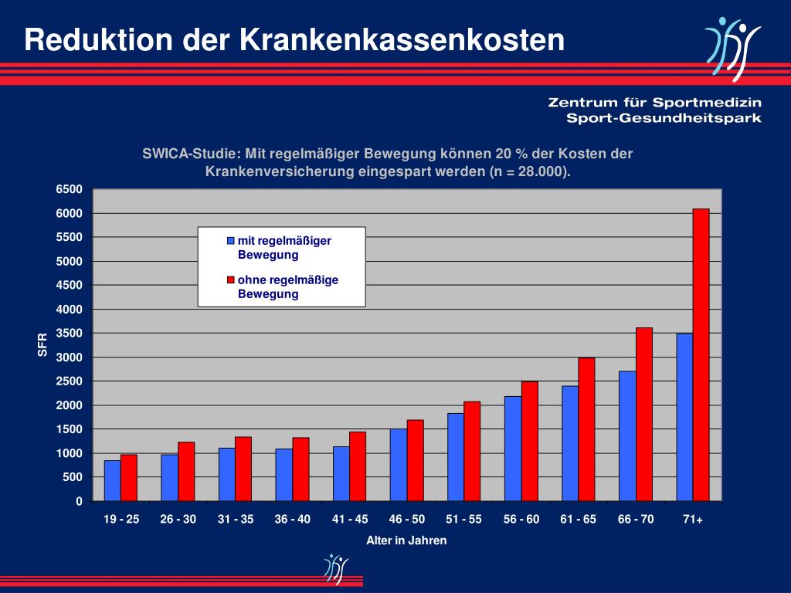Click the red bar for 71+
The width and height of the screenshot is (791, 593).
[x=701, y=355]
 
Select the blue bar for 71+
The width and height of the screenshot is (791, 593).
[x=684, y=417]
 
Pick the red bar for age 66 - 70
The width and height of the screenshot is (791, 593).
[x=643, y=415]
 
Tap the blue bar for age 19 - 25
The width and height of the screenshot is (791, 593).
[x=113, y=480]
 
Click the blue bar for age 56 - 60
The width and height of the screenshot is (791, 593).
[x=513, y=449]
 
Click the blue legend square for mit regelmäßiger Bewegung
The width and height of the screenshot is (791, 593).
[x=230, y=241]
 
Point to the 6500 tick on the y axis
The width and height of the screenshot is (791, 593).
[x=68, y=190]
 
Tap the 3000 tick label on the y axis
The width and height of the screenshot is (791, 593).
[x=68, y=357]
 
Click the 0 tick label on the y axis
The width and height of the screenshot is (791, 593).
[x=78, y=502]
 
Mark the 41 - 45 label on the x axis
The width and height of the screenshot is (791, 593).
[x=350, y=520]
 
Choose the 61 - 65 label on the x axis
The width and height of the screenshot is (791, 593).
[x=579, y=520]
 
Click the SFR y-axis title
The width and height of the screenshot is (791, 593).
[x=43, y=344]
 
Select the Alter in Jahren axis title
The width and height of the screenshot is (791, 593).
[x=406, y=540]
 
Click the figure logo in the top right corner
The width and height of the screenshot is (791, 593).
[x=731, y=48]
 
